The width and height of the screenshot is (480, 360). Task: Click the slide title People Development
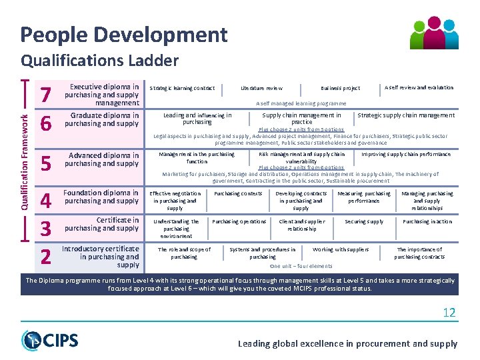(x=124, y=35)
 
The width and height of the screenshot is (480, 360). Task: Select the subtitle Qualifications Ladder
(x=100, y=61)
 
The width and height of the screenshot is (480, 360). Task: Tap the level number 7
(x=46, y=96)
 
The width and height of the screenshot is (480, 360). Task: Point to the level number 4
(x=46, y=201)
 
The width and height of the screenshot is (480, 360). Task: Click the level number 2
(x=46, y=256)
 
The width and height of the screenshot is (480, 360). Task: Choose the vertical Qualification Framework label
(x=25, y=161)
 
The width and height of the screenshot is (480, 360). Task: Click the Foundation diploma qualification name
(x=101, y=197)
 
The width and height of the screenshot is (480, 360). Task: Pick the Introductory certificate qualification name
(x=101, y=257)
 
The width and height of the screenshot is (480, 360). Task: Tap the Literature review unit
(x=261, y=88)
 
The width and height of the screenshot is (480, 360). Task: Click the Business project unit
(x=340, y=88)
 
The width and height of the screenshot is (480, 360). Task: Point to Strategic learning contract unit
(x=182, y=88)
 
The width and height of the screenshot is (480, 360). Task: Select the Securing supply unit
(x=364, y=221)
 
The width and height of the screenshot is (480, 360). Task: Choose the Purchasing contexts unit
(x=238, y=193)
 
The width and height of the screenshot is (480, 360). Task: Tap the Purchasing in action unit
(x=427, y=221)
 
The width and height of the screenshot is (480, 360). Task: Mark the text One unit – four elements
(x=301, y=266)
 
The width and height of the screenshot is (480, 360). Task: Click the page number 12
(x=449, y=313)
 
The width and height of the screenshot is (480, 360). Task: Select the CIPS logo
(x=50, y=340)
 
